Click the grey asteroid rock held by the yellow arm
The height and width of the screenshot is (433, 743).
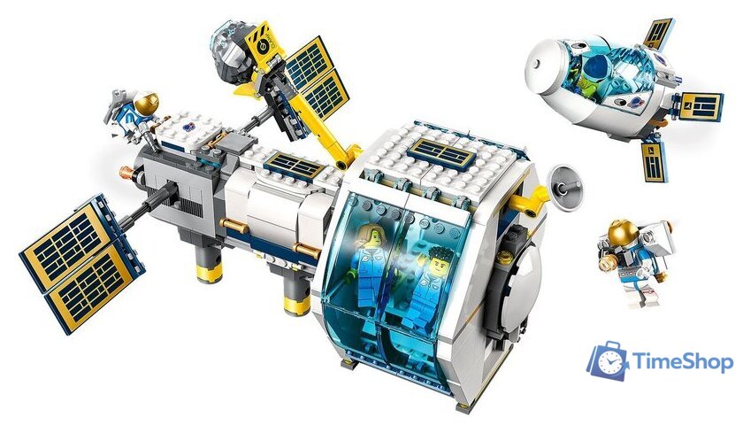235,60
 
